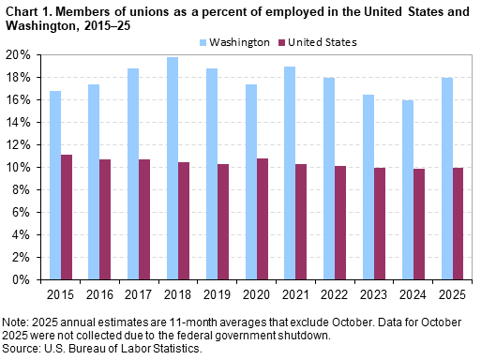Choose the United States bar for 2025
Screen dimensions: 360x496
(x=456, y=223)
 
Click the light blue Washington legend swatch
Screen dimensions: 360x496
(x=204, y=42)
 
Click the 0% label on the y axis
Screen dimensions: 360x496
(x=27, y=279)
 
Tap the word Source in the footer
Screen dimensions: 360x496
(x=21, y=348)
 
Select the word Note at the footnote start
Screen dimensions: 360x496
(x=15, y=322)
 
